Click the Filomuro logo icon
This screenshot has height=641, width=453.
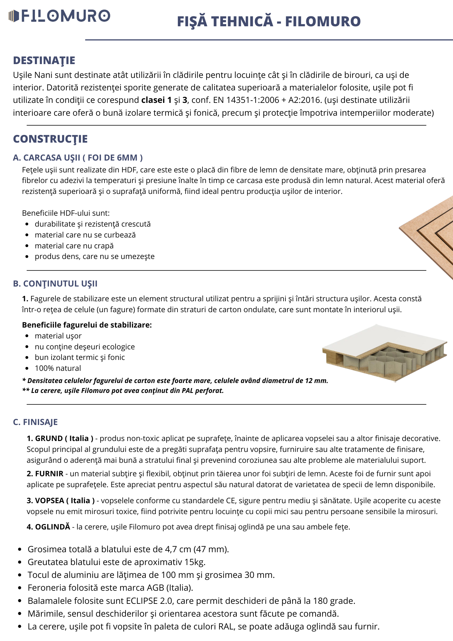pos(14,16)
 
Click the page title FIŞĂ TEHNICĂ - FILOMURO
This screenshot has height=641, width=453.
pos(269,21)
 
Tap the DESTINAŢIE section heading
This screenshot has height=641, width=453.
pos(44,60)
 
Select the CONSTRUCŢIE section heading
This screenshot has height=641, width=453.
pos(50,139)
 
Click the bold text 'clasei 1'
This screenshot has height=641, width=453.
pos(156,100)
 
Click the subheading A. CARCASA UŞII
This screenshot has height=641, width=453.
pos(78,158)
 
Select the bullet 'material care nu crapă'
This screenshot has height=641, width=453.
pos(74,246)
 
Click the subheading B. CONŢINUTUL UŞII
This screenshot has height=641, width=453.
pos(55,284)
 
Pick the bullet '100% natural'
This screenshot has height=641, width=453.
pos(58,368)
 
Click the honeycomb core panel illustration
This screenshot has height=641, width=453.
pos(384,353)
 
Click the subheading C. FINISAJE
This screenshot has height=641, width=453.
pos(35,422)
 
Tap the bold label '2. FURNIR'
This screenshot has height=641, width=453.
pos(45,474)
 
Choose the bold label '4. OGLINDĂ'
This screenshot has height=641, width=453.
pos(48,527)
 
